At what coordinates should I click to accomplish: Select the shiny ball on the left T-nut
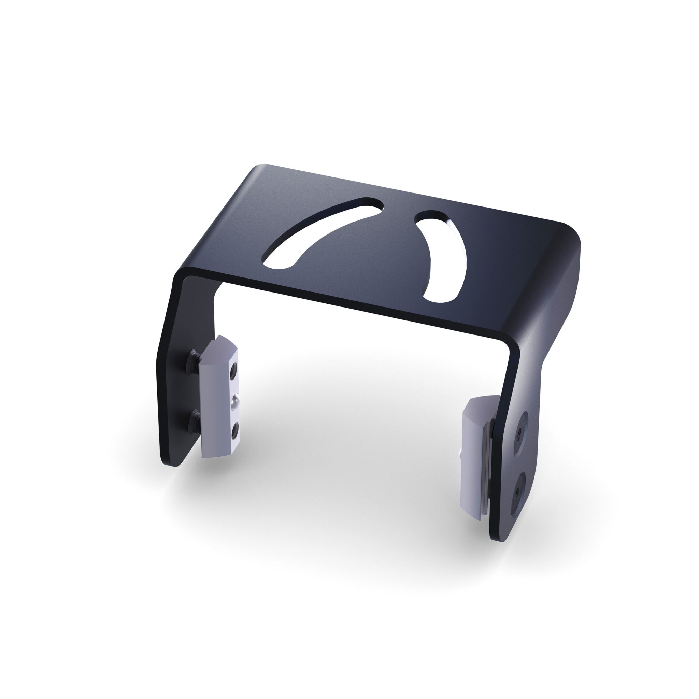(x=235, y=400)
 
